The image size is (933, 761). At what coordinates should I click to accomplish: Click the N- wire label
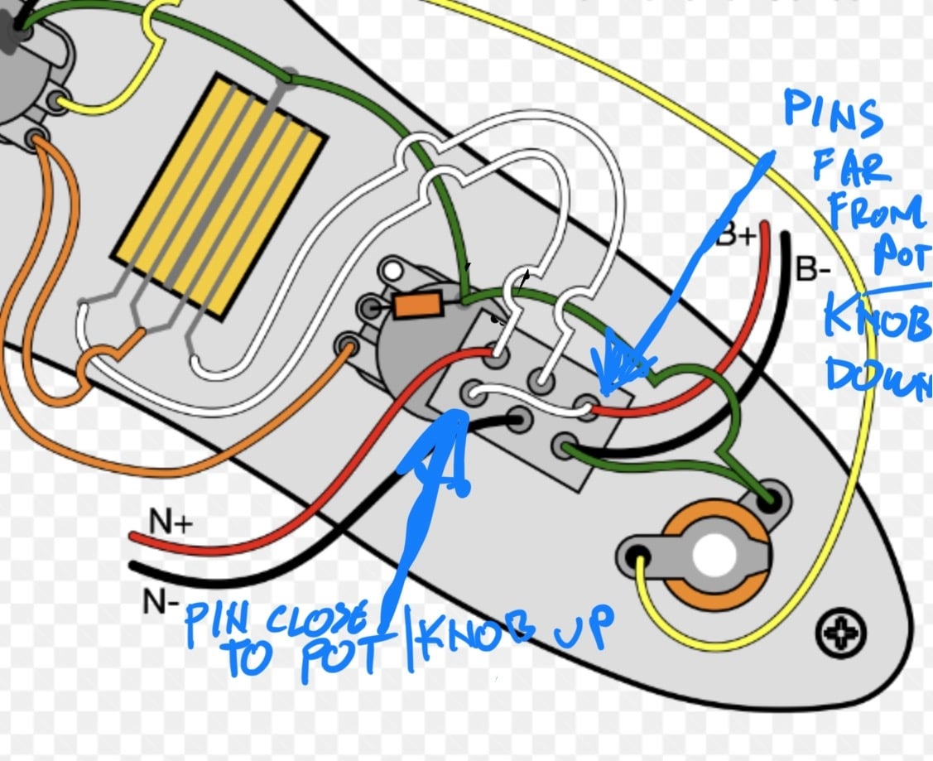161,601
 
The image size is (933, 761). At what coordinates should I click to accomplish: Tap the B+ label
736,234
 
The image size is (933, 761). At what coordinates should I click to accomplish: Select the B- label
812,269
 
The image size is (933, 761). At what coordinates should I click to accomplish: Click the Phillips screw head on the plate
840,632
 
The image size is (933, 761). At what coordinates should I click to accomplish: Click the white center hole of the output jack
714,555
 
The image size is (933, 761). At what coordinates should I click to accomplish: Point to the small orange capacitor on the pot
418,305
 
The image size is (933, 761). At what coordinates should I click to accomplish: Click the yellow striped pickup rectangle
219,196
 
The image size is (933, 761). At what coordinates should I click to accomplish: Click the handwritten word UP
584,627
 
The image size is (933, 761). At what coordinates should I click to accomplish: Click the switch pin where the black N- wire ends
517,420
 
